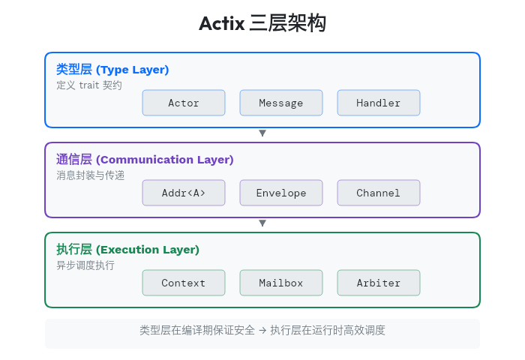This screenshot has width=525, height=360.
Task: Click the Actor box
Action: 184,103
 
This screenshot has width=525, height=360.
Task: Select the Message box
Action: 281,103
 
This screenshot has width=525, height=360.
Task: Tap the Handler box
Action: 379,103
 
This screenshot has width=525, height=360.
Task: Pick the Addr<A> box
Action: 184,193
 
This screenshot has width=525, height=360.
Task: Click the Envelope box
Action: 281,193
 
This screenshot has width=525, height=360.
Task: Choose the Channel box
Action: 379,193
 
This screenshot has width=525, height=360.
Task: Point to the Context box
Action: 184,283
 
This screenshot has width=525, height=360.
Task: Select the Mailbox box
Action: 281,283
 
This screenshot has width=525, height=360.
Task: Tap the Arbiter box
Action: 379,283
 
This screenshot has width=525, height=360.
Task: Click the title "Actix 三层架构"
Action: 262,24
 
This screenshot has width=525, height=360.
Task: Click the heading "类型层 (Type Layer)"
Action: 112,70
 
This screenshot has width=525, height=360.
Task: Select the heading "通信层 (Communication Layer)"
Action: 145,160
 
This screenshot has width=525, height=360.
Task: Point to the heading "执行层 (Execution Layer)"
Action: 127,250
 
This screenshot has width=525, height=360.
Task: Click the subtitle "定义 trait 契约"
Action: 89,85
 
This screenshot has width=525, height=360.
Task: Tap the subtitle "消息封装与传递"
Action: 90,175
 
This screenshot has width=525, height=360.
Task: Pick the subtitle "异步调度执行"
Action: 85,265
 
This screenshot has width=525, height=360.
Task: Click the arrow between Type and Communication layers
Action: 262,133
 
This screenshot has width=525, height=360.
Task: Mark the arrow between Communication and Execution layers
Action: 262,223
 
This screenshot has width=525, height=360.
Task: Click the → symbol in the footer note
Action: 262,331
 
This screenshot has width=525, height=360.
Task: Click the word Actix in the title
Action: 222,24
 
